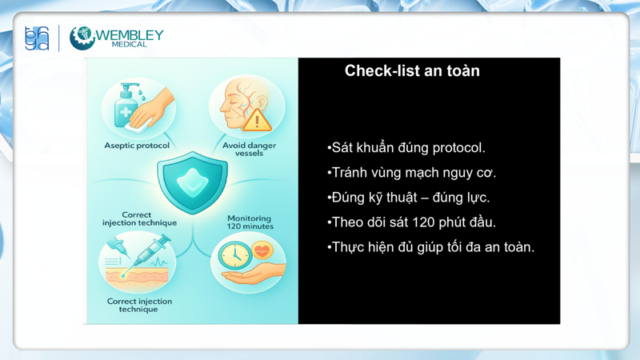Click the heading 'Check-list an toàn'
pos(412,70)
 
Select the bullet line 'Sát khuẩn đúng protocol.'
pos(407,148)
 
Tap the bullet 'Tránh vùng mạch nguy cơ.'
pos(413,173)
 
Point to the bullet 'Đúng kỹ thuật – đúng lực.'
pos(410,198)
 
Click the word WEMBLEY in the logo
pos(130,34)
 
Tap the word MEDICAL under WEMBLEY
pos(129,45)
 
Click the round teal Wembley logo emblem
pos(82,38)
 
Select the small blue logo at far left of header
pos(37,38)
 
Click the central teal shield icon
pos(192,182)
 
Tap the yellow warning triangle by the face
pos(257,120)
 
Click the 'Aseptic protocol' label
pos(137,146)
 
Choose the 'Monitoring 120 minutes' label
pos(249,222)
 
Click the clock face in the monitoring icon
pos(234,256)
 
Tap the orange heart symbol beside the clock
pos(262,250)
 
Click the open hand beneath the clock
pos(248,277)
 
